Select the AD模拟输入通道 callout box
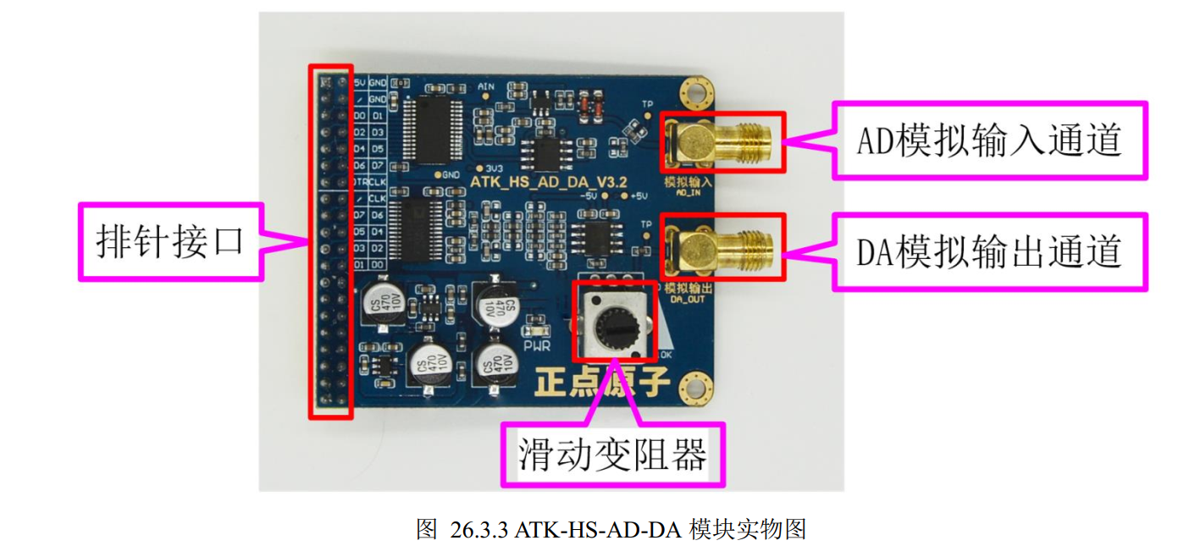[989, 141]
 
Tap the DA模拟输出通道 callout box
[989, 252]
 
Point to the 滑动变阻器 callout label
[613, 455]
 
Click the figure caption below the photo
[611, 530]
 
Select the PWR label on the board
[536, 345]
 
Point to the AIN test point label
[486, 86]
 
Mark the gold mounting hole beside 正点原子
[694, 387]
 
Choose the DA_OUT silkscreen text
[686, 299]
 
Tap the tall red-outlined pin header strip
[330, 241]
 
